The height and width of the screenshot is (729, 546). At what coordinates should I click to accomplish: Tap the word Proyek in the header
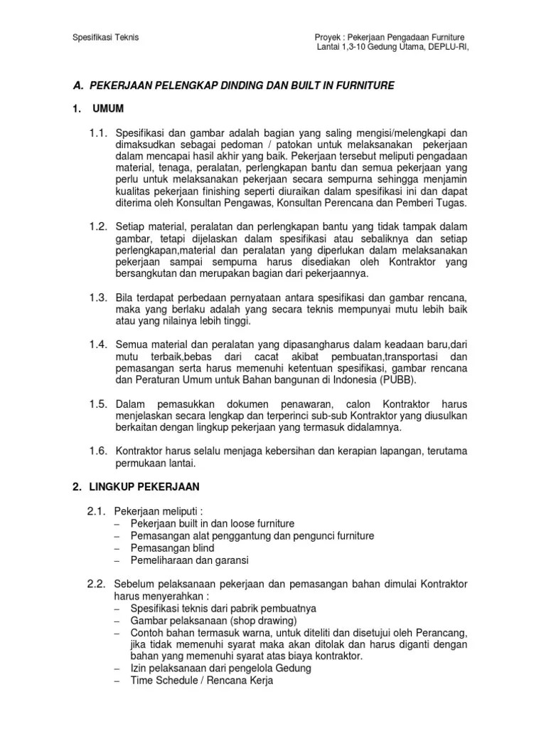[328, 37]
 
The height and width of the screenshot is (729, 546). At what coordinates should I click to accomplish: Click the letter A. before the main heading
[79, 85]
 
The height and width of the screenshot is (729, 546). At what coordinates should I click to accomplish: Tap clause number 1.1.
[97, 133]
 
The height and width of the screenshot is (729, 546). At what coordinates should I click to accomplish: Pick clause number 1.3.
[97, 297]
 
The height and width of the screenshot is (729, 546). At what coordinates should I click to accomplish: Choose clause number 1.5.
[97, 404]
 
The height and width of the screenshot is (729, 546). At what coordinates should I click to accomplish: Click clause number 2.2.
[96, 584]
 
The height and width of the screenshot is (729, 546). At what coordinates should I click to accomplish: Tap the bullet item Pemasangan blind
[172, 548]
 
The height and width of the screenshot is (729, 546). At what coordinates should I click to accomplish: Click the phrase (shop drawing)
[250, 620]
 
